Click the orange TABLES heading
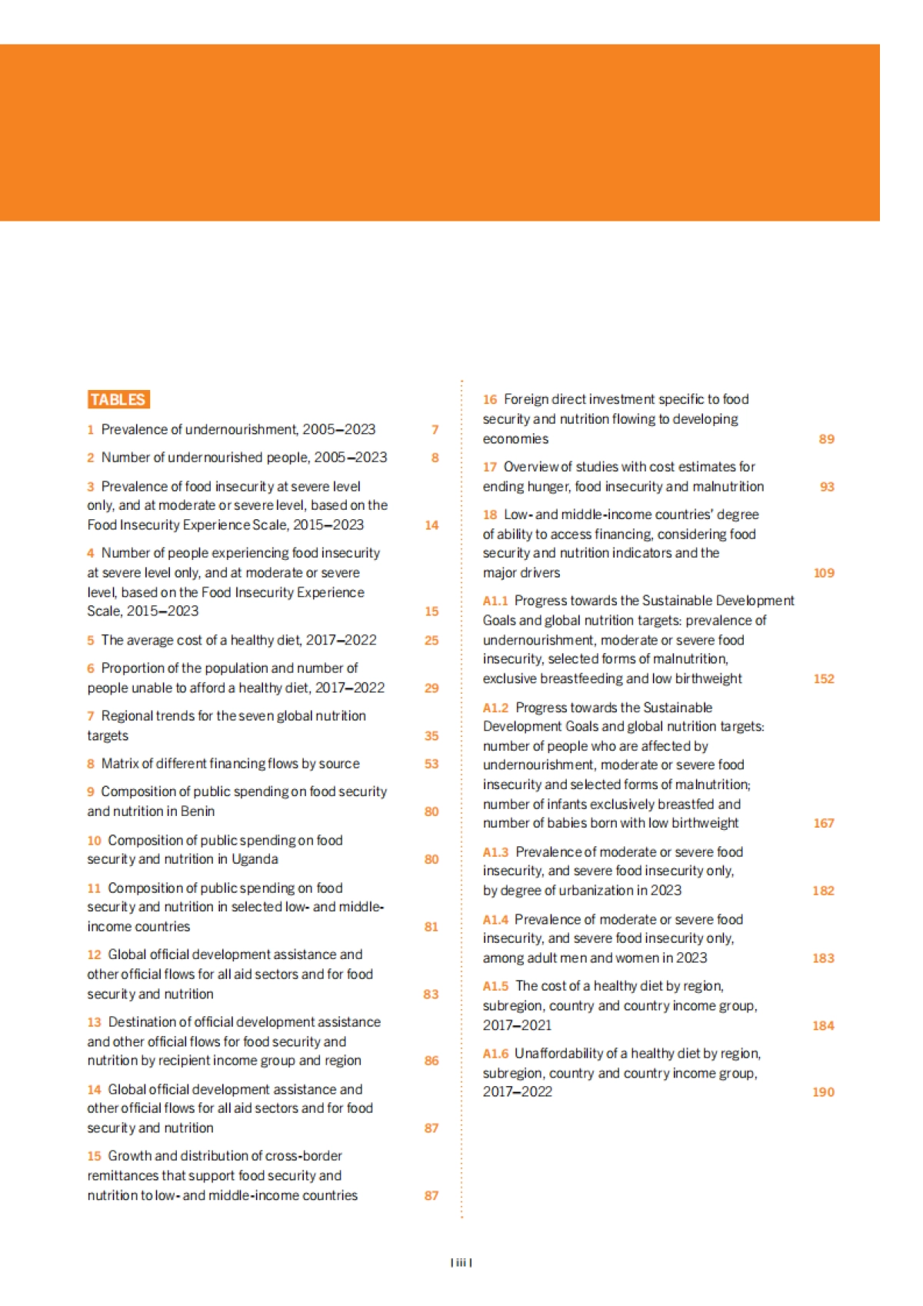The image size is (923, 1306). [x=118, y=399]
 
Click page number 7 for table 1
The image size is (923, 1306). [x=435, y=430]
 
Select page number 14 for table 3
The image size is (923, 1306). [x=432, y=525]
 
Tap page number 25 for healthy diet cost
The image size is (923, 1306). [x=432, y=640]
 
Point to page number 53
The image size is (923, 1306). [x=432, y=764]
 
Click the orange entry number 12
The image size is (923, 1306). [x=94, y=955]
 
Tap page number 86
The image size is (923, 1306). [x=432, y=1061]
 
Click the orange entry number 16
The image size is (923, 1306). [x=490, y=399]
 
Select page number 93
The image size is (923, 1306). [x=827, y=487]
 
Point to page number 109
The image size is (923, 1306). [x=824, y=573]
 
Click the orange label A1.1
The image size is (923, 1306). [x=495, y=601]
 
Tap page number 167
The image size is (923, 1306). [x=824, y=823]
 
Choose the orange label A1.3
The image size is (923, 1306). [x=496, y=852]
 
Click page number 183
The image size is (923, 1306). [x=823, y=958]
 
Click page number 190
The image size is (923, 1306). [x=823, y=1092]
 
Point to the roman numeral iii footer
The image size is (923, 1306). [x=461, y=1262]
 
